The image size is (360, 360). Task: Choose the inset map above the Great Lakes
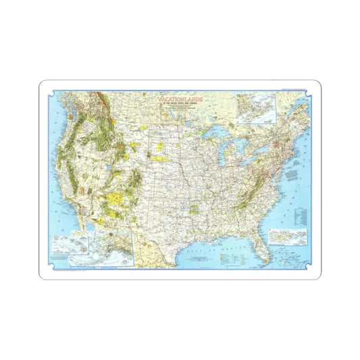[x=255, y=108]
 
